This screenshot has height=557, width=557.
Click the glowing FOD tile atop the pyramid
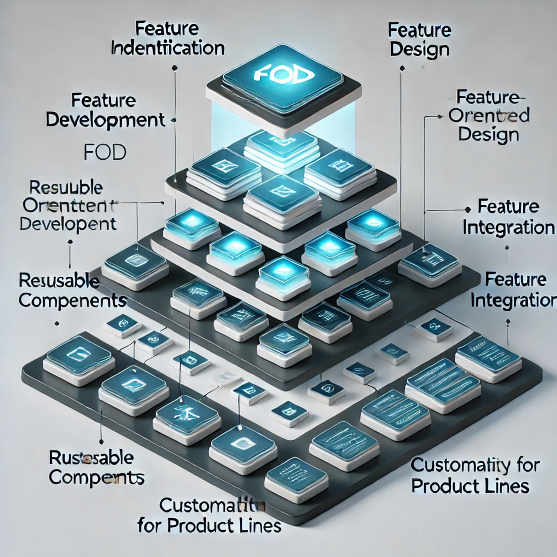pos(281,77)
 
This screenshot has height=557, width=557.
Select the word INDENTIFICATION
pos(168,48)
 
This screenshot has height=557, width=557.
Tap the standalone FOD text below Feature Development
pos(105,152)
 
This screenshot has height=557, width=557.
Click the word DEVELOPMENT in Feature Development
pos(105,120)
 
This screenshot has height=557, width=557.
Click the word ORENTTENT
pos(69,206)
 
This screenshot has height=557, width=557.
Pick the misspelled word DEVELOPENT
pos(68,224)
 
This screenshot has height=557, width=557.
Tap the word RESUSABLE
pos(59,281)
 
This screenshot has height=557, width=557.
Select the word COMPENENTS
pos(72,300)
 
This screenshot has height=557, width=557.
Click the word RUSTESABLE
pos(91,458)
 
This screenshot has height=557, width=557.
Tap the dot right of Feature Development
pos(174,120)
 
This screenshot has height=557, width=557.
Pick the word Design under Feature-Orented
pos(488,135)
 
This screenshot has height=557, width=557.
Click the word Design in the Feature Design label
pos(419,49)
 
